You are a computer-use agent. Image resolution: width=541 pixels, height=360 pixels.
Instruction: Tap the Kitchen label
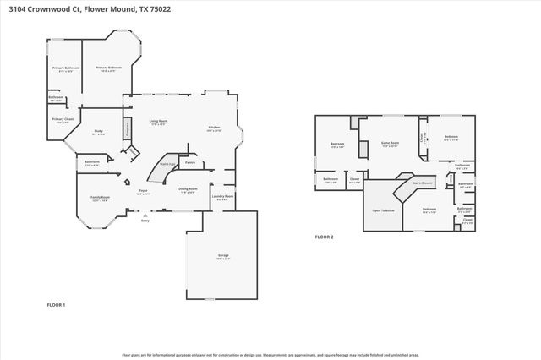pyautogui.click(x=214, y=128)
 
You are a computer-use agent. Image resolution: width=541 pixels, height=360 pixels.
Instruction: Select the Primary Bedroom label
pyautogui.click(x=108, y=68)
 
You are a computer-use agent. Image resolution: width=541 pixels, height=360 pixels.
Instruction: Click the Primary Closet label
pyautogui.click(x=62, y=120)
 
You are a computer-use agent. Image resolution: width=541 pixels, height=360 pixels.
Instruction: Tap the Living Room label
pyautogui.click(x=159, y=123)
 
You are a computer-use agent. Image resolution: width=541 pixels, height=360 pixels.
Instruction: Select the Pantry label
pyautogui.click(x=190, y=161)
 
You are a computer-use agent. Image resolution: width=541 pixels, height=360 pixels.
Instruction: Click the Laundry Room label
pyautogui.click(x=222, y=196)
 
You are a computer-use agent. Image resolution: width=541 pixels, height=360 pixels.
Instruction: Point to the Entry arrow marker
pyautogui.click(x=145, y=215)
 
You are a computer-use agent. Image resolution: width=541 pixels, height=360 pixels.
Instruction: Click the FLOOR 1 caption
pyautogui.click(x=56, y=304)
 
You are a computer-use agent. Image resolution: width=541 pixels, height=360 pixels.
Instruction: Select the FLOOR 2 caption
pyautogui.click(x=325, y=237)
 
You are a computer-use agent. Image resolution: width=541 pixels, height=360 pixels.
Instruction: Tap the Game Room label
pyautogui.click(x=390, y=144)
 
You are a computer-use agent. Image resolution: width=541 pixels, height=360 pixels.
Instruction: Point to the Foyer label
pyautogui.click(x=144, y=192)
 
